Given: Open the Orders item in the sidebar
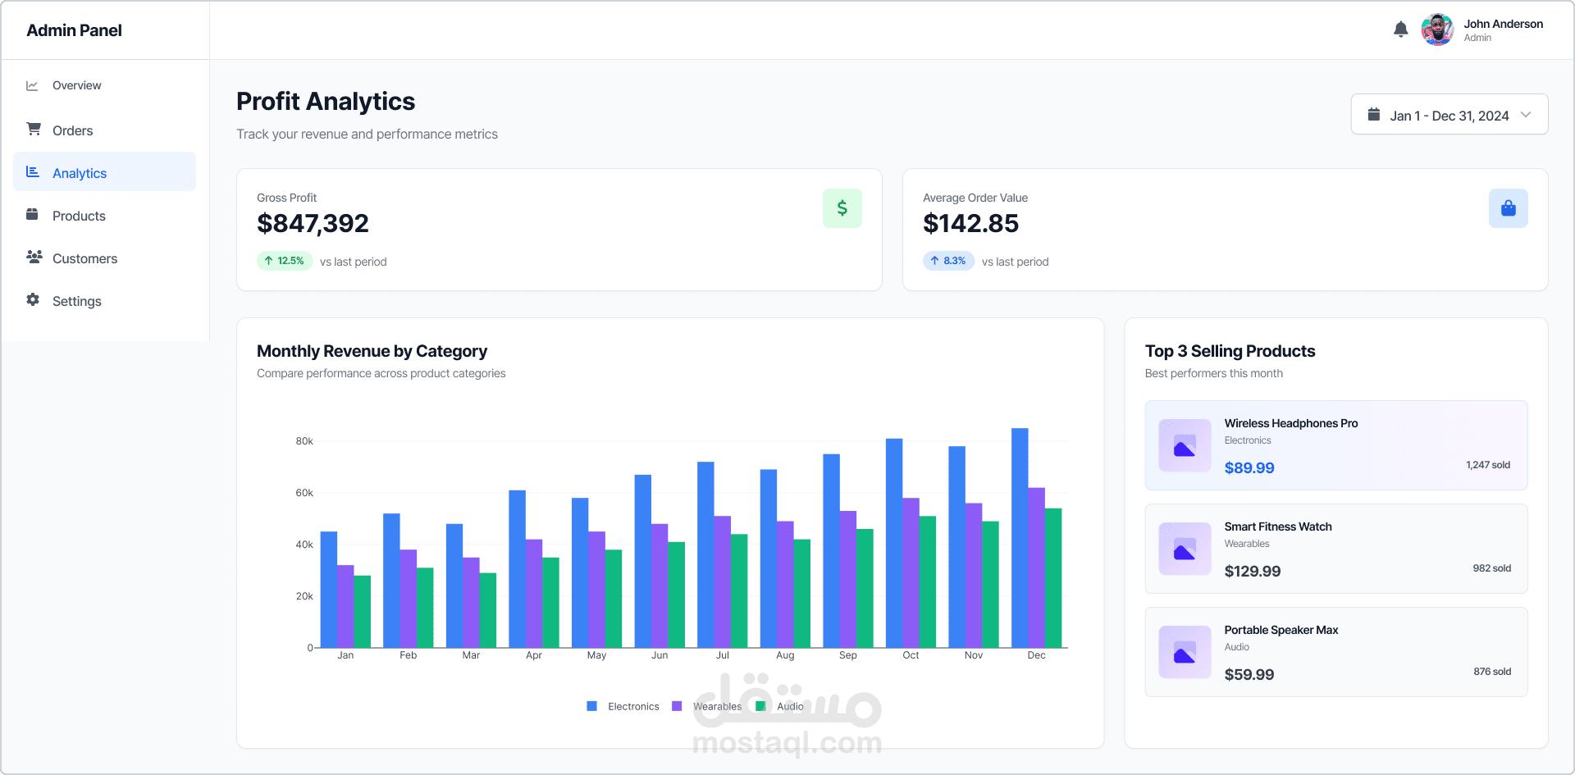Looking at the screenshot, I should [x=72, y=130].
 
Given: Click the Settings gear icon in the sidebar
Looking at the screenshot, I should [x=33, y=300].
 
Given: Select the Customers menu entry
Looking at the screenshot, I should [x=84, y=258].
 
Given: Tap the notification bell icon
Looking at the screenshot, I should [x=1400, y=30].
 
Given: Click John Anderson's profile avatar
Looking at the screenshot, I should [x=1437, y=30].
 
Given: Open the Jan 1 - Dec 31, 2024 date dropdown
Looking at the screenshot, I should [x=1449, y=115].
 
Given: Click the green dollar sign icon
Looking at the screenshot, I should [x=842, y=208].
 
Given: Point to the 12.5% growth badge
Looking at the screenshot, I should [x=284, y=261].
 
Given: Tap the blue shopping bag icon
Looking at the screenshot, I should [x=1508, y=208].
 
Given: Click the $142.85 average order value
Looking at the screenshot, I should [x=970, y=223].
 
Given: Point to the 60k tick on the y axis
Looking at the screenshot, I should [x=304, y=493].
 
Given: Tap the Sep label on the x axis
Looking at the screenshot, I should [x=847, y=655].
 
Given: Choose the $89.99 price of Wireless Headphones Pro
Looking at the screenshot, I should [x=1249, y=468].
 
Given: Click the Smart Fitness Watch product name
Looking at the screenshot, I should [x=1277, y=527].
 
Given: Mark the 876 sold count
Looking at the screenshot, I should [x=1491, y=672].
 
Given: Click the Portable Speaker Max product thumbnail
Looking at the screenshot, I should [x=1185, y=652].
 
